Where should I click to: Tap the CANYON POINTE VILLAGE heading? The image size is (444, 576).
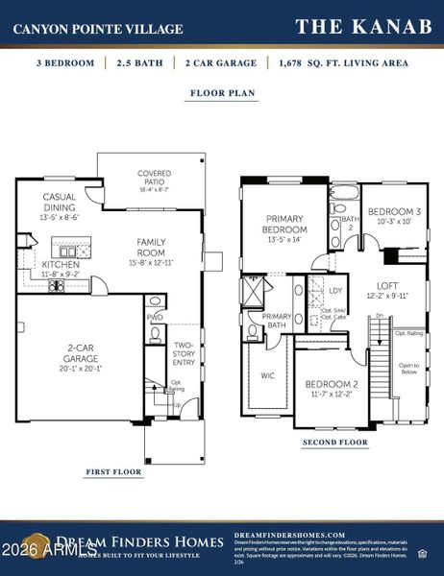[x=98, y=29]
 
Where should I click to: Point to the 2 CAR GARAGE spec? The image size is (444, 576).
[x=221, y=63]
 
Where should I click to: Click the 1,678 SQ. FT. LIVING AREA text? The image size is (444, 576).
[x=341, y=63]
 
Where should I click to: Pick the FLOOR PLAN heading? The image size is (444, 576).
[x=221, y=95]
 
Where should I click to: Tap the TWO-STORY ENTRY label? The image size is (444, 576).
[x=184, y=353]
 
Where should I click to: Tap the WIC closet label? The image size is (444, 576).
[x=267, y=375]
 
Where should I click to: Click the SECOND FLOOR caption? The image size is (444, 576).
[x=334, y=443]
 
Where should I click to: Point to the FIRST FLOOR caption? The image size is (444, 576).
[x=113, y=471]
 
